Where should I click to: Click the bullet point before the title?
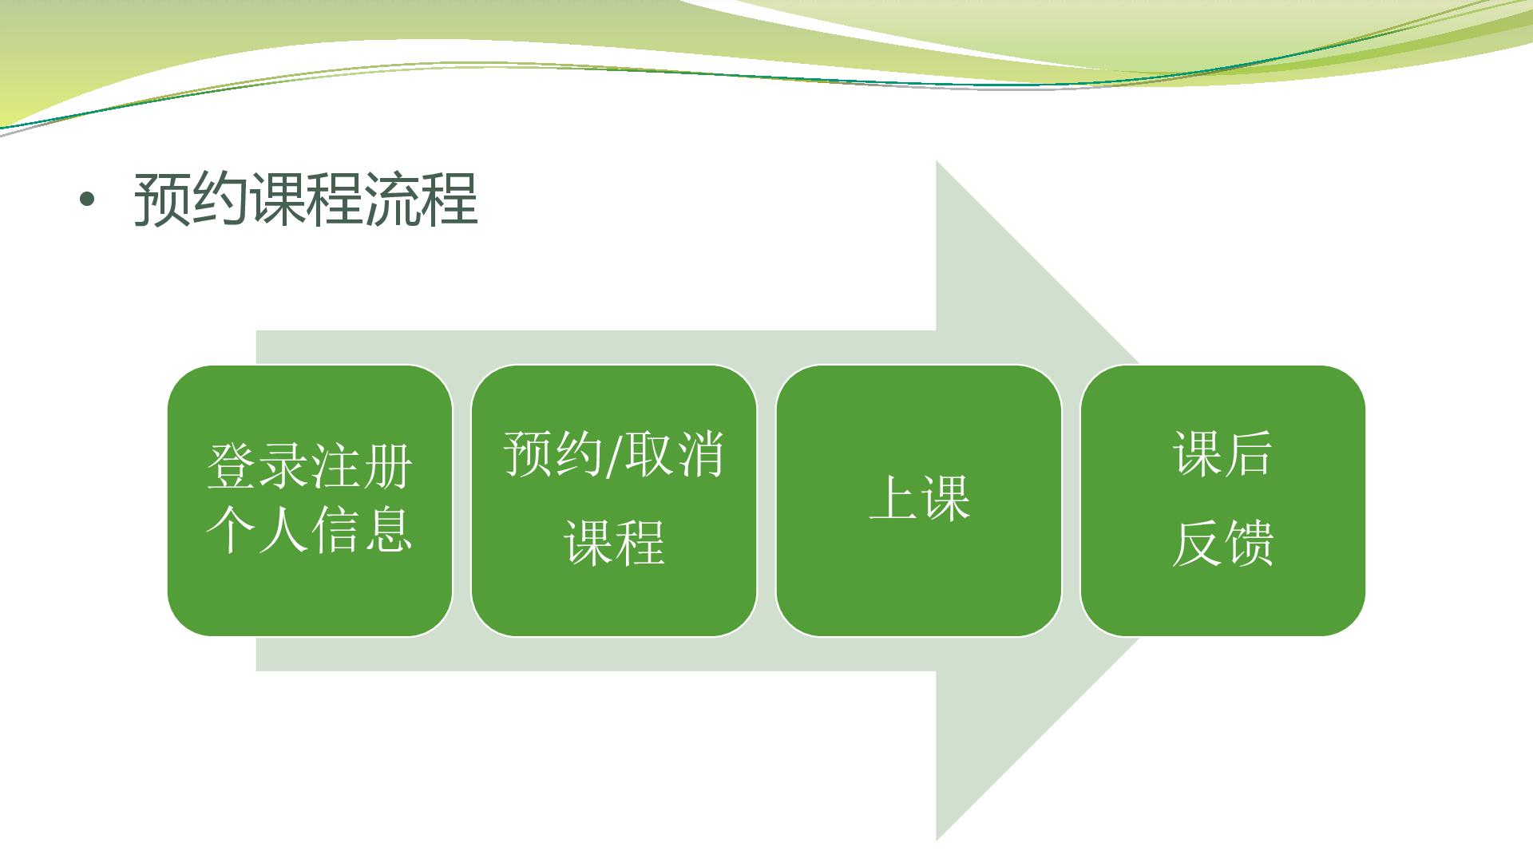coord(86,201)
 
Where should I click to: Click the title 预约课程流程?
coord(306,200)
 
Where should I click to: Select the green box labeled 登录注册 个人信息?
coord(310,500)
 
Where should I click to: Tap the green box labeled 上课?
coord(919,500)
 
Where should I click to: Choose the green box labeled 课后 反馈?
coord(1223,500)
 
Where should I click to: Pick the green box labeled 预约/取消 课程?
coord(614,500)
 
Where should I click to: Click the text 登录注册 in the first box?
coord(310,466)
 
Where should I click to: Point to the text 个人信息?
coord(310,530)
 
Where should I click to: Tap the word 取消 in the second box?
coord(674,455)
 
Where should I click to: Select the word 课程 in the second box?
coord(615,543)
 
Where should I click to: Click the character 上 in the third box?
coord(893,498)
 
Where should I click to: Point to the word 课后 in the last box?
coord(1222,454)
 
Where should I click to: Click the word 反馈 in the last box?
coord(1222,544)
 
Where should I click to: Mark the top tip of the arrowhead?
coord(937,161)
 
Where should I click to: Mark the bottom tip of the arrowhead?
coord(937,840)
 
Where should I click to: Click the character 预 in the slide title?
coord(162,200)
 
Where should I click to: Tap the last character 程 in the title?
coord(450,200)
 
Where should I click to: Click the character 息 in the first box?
coord(389,530)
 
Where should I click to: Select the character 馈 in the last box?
coord(1249,544)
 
